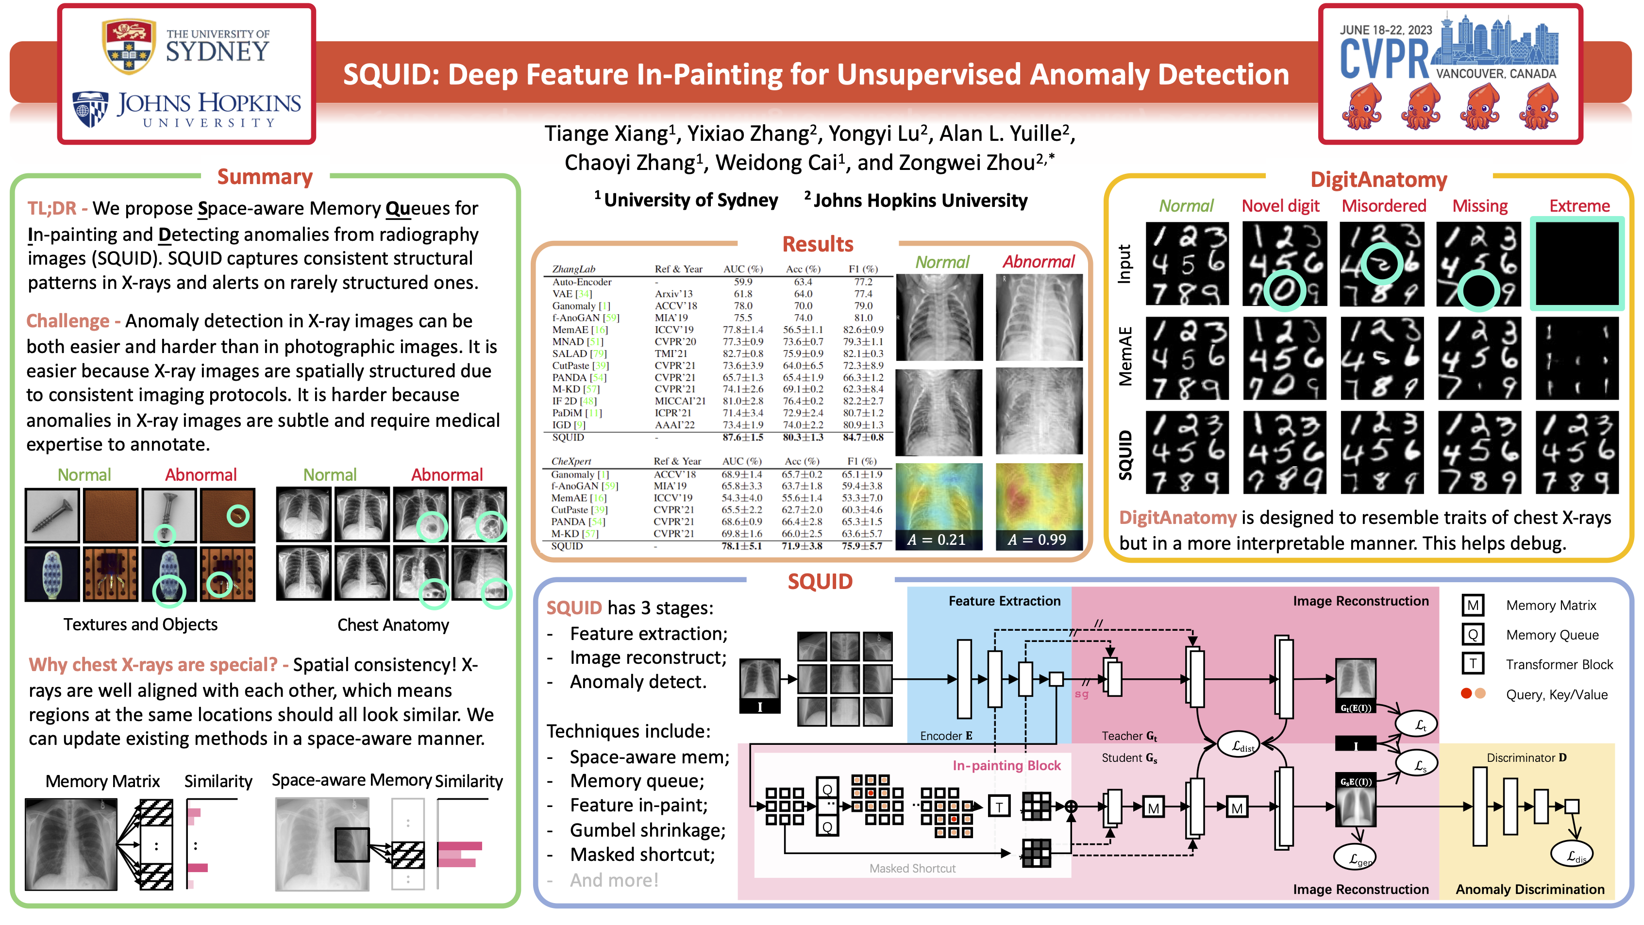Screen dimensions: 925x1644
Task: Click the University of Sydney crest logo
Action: point(129,46)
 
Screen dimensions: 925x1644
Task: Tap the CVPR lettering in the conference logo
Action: point(1384,59)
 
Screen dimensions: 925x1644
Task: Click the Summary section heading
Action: point(265,177)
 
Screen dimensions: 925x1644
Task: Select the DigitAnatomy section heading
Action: point(1378,180)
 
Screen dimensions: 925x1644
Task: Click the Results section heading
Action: point(818,244)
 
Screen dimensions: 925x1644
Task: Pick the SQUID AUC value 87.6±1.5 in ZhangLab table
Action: point(743,437)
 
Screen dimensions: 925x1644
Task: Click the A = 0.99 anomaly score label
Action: point(1037,540)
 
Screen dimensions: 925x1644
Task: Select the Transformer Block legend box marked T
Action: point(1472,664)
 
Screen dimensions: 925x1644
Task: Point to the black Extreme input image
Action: point(1577,263)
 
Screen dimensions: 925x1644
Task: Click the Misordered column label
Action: point(1384,206)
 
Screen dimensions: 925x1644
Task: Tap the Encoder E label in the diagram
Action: point(946,736)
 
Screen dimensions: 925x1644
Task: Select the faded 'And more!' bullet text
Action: point(614,880)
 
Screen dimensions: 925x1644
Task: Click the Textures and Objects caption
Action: point(140,624)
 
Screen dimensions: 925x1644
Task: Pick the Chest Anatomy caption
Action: point(393,625)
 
